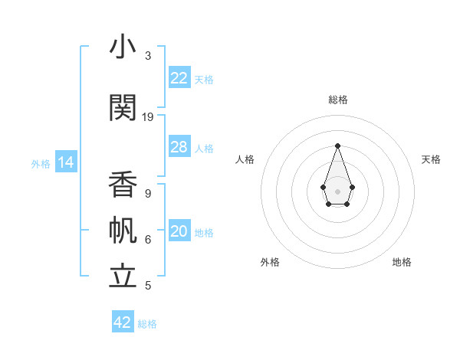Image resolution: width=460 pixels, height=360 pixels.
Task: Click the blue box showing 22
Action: pos(179,78)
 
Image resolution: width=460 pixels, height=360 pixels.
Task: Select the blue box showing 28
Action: pos(179,147)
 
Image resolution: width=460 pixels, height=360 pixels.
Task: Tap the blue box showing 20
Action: pos(179,231)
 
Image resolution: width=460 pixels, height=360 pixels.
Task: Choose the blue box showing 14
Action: pos(66,162)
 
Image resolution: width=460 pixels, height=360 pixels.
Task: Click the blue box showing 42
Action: pos(123,322)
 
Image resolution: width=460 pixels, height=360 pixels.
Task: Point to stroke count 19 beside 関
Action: pos(148,117)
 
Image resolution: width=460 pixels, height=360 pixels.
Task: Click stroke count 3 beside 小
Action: pos(148,56)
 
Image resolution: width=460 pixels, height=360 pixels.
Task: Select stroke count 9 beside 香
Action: pos(148,194)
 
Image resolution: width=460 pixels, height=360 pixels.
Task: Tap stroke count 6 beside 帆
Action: pos(148,240)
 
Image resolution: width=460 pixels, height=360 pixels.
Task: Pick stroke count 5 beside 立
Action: pos(148,286)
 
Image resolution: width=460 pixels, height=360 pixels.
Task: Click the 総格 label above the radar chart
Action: pos(337,100)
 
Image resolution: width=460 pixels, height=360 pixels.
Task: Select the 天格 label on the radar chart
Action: pos(431,159)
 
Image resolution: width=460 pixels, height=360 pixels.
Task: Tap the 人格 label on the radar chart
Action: pos(245,159)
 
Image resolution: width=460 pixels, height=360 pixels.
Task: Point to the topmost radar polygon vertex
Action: pos(337,145)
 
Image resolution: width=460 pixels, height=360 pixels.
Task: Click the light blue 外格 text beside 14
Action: pos(41,163)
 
